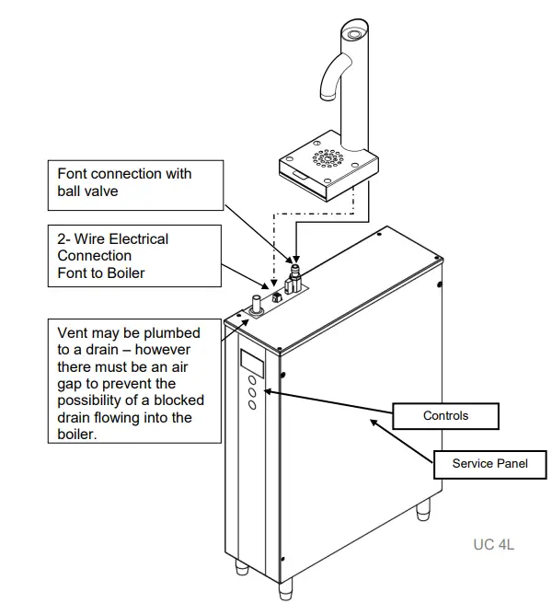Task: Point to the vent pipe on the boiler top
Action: coord(253,305)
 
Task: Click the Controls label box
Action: coord(445,416)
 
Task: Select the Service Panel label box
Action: coord(489,463)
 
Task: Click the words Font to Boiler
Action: coord(101,273)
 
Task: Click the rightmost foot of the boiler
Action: coord(422,509)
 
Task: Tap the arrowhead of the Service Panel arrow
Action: coord(372,420)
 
